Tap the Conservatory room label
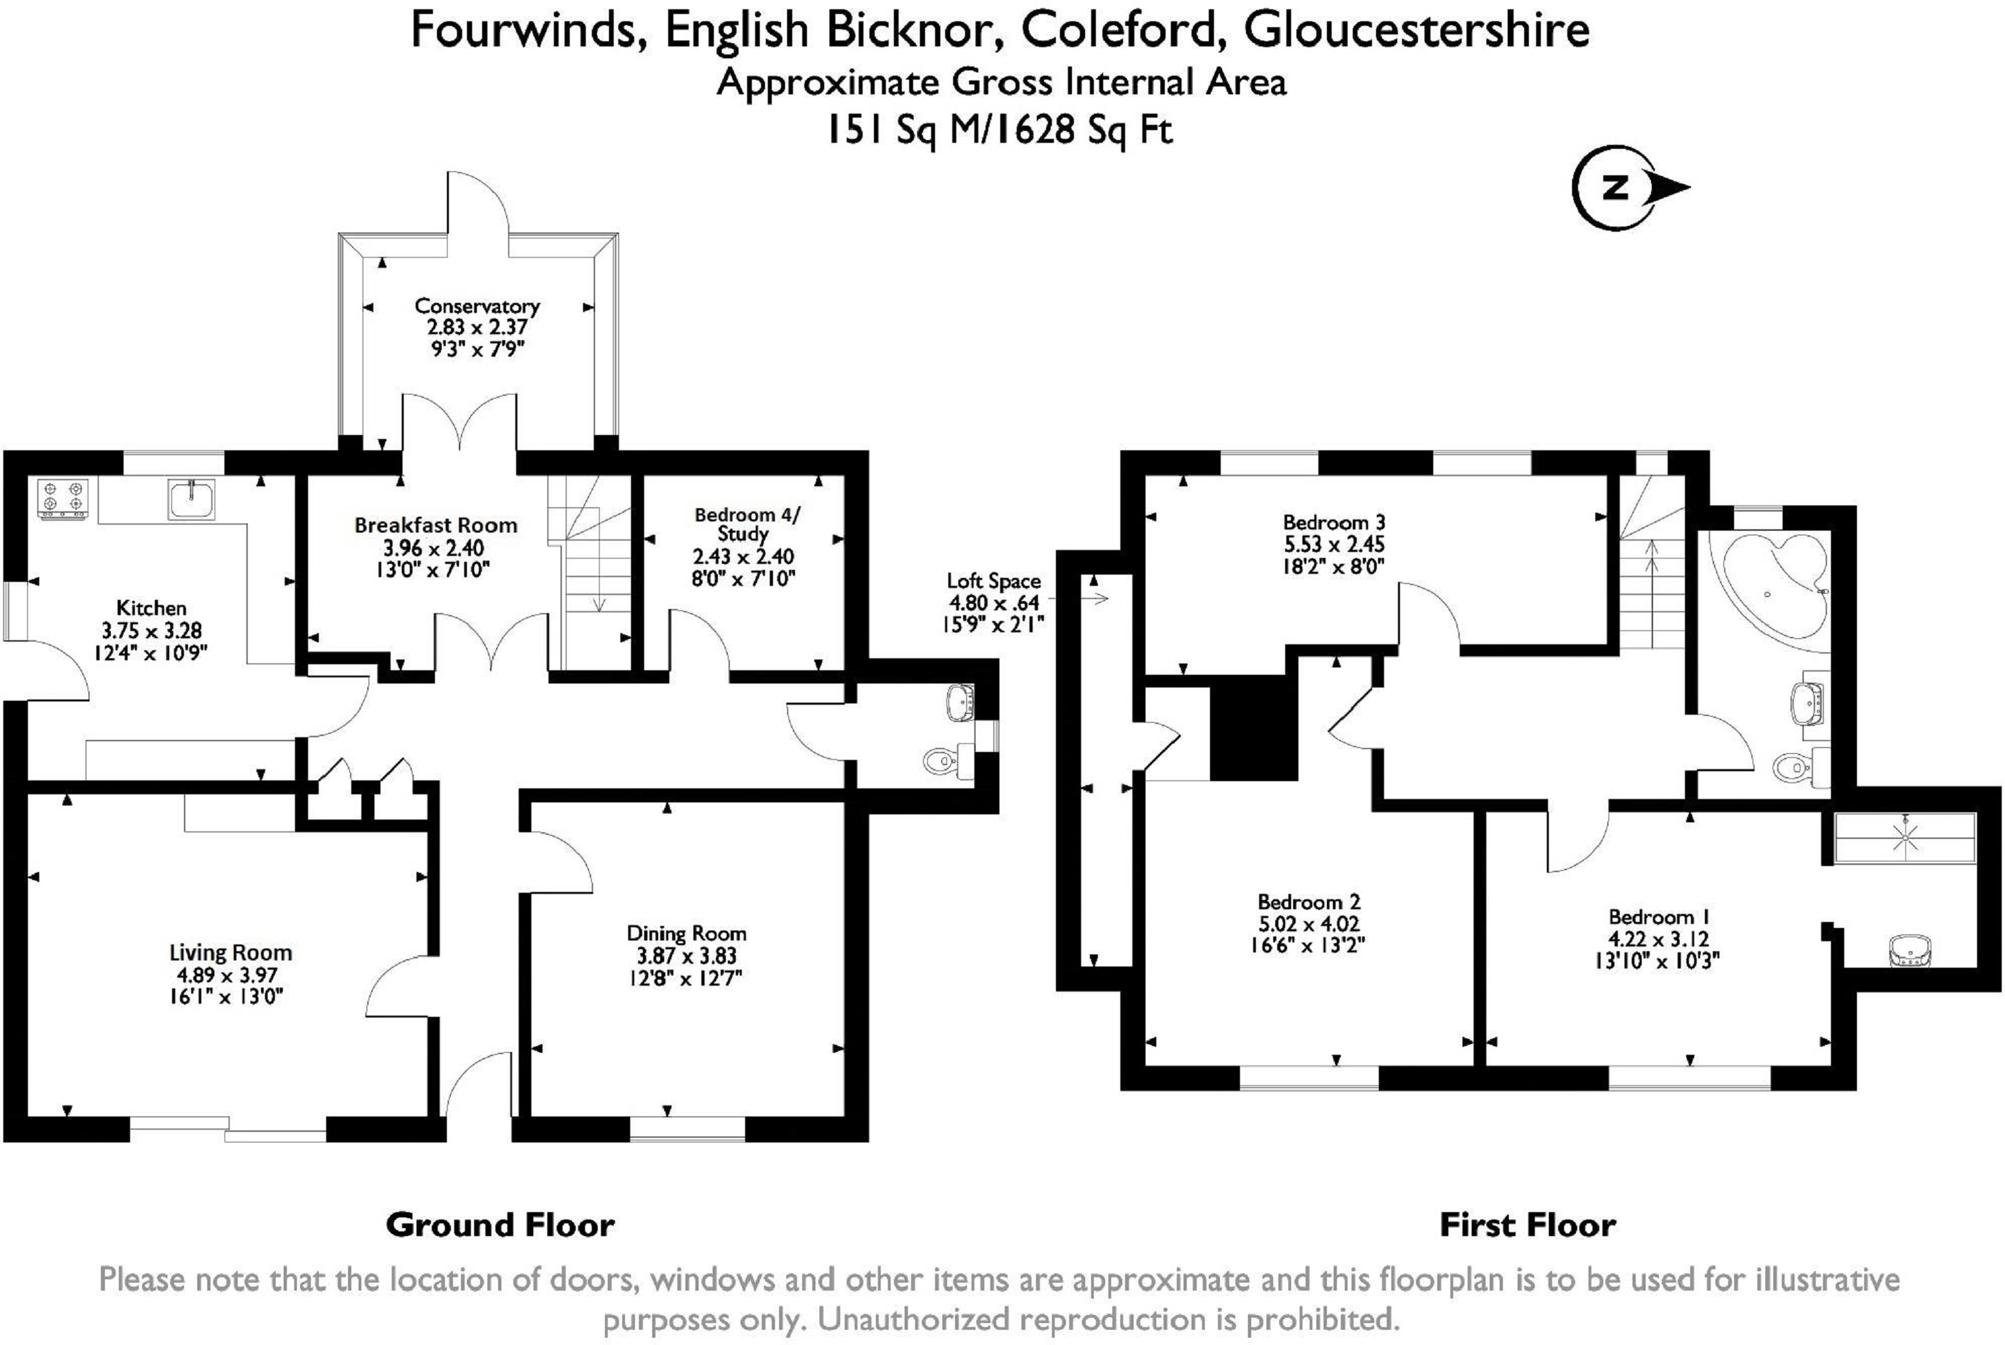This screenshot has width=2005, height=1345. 477,306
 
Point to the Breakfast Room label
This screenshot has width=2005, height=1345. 436,525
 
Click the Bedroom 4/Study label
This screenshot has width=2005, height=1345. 745,523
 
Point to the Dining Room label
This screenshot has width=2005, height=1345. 686,933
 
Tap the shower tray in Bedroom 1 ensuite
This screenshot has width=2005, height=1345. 1905,836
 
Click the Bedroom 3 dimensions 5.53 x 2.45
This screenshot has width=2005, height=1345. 1334,545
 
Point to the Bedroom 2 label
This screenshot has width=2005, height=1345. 1308,901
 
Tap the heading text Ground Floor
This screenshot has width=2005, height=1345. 500,1224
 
